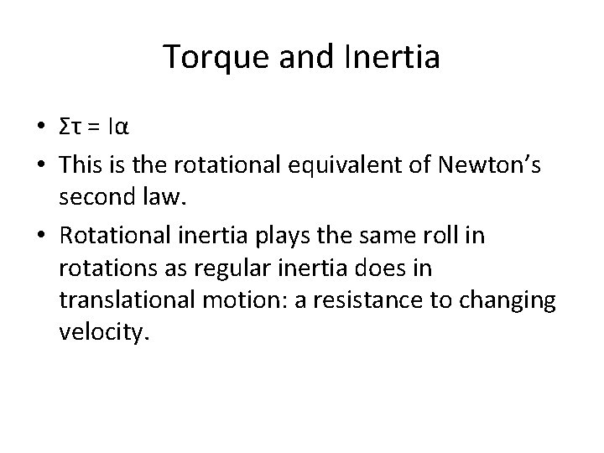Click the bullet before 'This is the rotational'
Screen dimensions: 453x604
pos(42,167)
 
